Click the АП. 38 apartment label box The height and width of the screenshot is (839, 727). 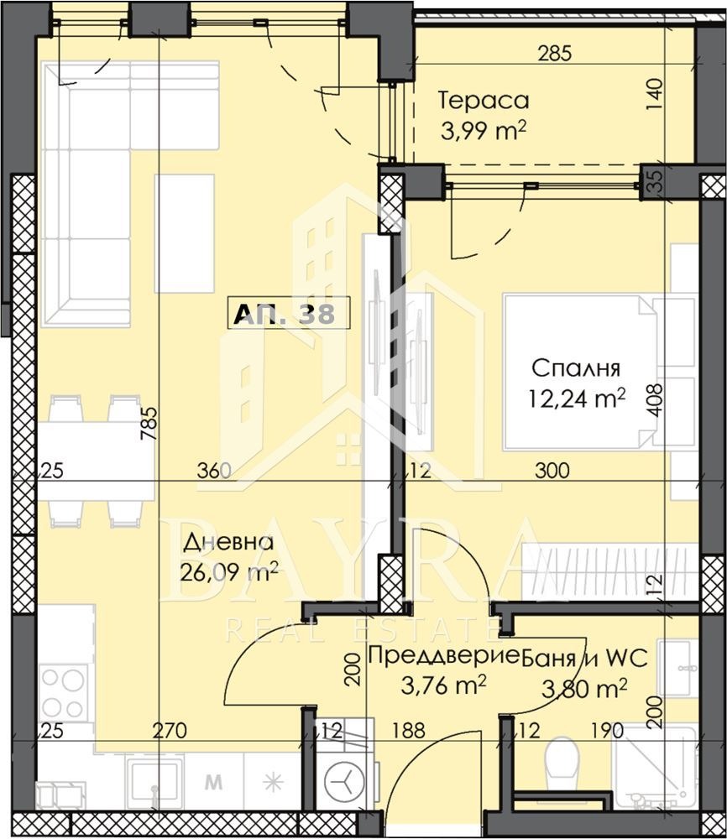click(x=289, y=313)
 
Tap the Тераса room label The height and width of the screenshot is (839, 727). click(x=484, y=101)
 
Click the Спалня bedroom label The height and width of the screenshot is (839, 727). click(x=576, y=368)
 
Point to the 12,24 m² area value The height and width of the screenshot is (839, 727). click(x=577, y=398)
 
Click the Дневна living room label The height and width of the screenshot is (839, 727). click(x=228, y=543)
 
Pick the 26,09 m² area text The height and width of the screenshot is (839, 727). click(x=228, y=573)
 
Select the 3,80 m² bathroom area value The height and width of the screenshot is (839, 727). click(x=584, y=688)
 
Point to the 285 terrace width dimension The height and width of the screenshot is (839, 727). click(x=555, y=54)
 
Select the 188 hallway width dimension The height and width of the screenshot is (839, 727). click(x=409, y=730)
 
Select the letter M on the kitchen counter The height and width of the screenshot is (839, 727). click(x=213, y=782)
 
